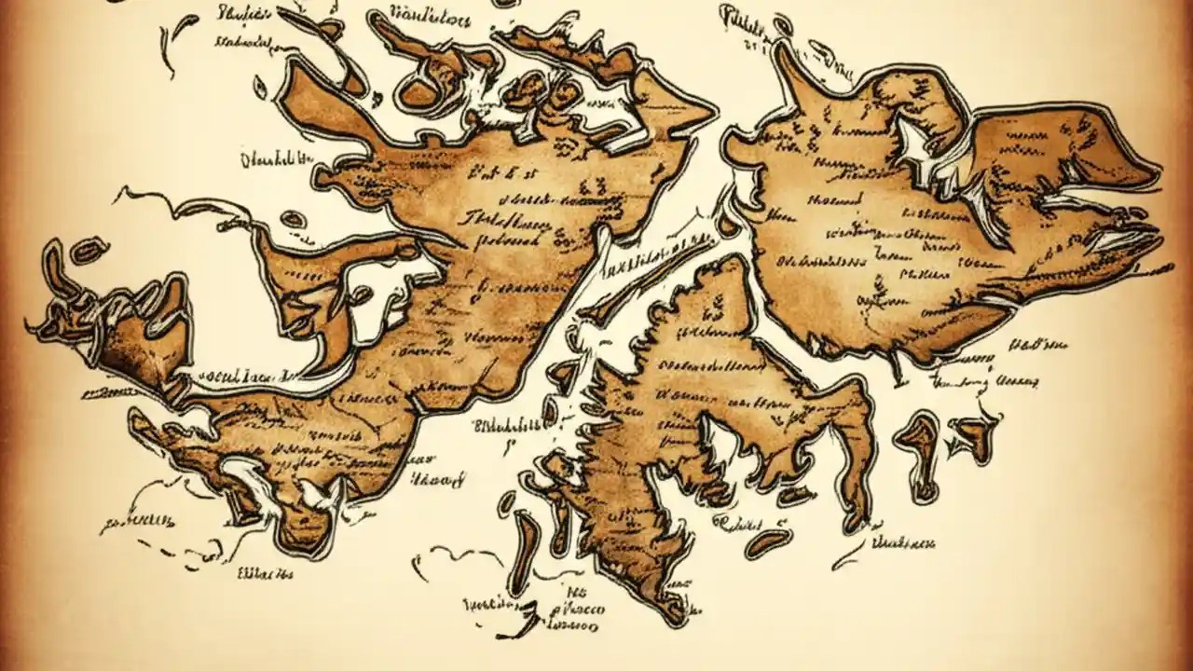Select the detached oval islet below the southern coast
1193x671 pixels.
766,543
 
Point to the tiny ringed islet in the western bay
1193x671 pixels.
293,220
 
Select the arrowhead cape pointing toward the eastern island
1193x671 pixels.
694,116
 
